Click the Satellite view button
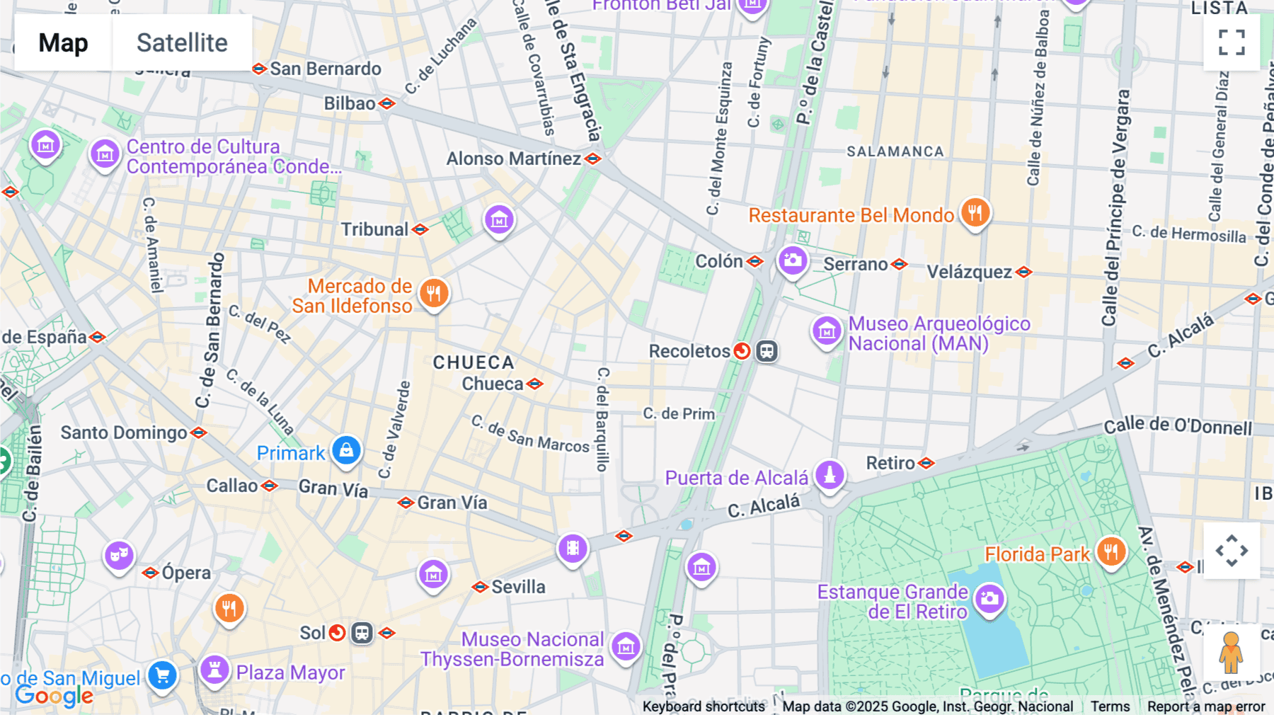(182, 42)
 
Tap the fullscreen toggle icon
(1232, 42)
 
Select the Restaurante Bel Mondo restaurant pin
(975, 212)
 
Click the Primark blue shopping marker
(346, 451)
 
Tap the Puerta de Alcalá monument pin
(830, 475)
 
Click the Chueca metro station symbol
(535, 384)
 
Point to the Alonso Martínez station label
(513, 159)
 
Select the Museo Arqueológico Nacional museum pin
(827, 331)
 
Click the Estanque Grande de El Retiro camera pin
(989, 599)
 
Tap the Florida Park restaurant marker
(1111, 551)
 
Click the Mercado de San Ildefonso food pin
(434, 293)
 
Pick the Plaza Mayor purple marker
(214, 670)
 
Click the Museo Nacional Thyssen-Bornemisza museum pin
(626, 646)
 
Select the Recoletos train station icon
(767, 351)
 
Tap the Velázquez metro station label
(969, 272)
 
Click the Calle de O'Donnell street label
(1178, 426)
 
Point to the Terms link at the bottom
(1110, 707)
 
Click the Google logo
(54, 696)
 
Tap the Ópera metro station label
(186, 573)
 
